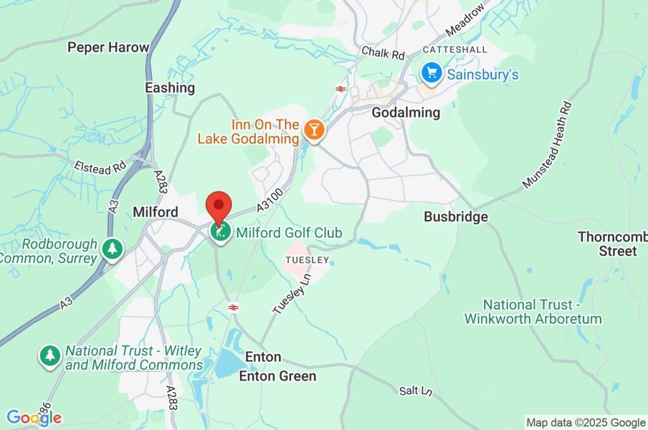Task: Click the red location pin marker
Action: click(219, 207)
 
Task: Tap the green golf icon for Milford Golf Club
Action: click(220, 233)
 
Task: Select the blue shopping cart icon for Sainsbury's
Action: click(432, 73)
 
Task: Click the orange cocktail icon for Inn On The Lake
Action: click(313, 130)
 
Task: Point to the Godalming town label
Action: click(406, 113)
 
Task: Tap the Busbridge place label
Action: click(456, 217)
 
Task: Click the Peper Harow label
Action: click(108, 47)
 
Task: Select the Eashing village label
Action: click(170, 88)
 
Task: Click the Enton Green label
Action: click(277, 376)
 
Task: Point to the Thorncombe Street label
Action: click(612, 243)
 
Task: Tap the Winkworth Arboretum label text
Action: click(533, 312)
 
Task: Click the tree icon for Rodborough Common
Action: click(113, 249)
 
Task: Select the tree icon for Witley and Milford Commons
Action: click(49, 355)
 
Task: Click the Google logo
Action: click(34, 417)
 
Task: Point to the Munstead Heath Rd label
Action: click(548, 145)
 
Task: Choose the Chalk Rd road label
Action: click(383, 53)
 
